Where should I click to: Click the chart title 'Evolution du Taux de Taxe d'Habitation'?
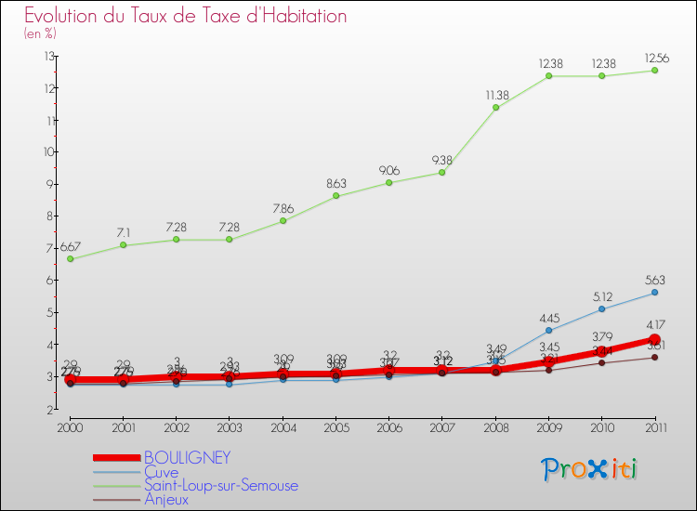point(186,17)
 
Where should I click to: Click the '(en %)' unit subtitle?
point(40,33)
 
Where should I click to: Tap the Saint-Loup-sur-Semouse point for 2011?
point(654,71)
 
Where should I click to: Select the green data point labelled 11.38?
point(496,108)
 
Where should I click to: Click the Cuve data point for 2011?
point(654,293)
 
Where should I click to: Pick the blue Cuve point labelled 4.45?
point(549,331)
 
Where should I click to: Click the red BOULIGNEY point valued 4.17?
point(654,340)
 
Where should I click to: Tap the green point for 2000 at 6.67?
point(71,259)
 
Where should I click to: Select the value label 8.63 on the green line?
point(336,183)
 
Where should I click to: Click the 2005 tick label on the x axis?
point(336,427)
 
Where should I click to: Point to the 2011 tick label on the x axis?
point(654,427)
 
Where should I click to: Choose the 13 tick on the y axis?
point(47,57)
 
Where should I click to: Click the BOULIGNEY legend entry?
point(186,458)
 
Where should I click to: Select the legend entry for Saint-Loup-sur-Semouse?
point(221,485)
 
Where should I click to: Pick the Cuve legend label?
point(161,472)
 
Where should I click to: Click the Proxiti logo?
point(590,469)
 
